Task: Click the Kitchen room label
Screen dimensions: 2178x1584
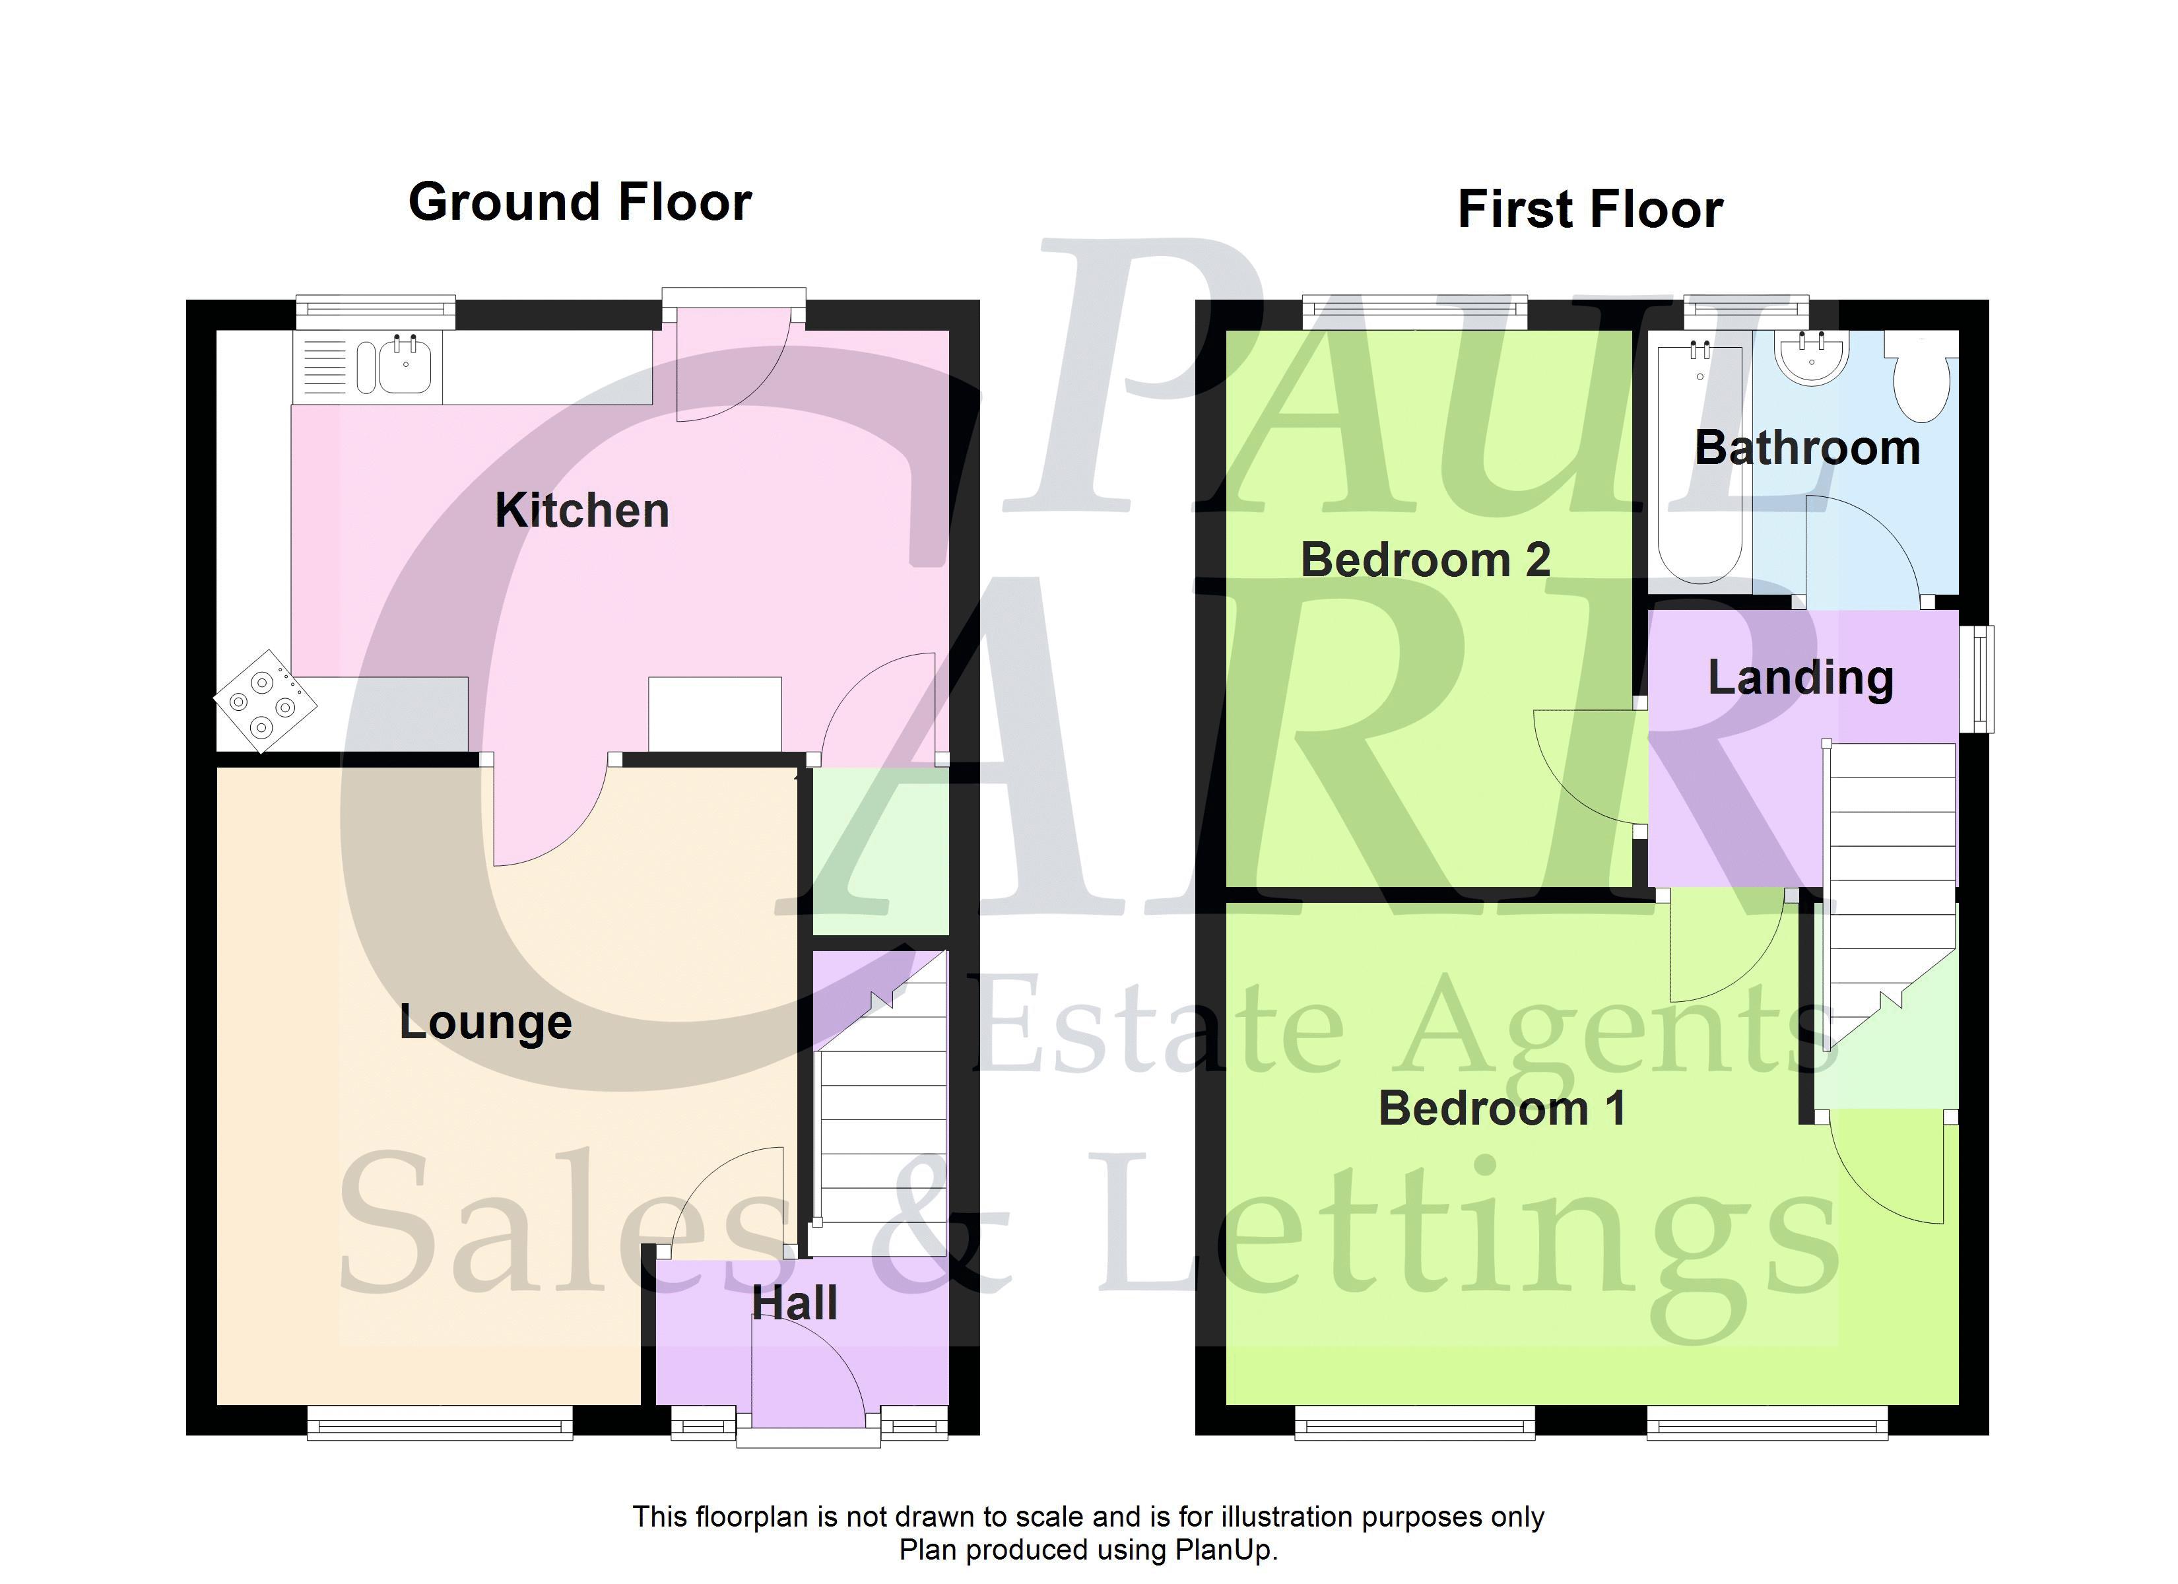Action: (x=582, y=510)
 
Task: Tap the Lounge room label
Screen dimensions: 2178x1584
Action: (x=486, y=1023)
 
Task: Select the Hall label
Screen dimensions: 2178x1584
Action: (x=794, y=1303)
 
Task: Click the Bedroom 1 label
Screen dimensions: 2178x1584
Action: (x=1502, y=1107)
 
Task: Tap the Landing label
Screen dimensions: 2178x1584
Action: (x=1800, y=678)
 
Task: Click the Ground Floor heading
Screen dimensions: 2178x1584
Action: (x=580, y=202)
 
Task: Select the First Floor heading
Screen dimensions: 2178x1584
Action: (x=1591, y=209)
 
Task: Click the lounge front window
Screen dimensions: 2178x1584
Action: (x=440, y=1422)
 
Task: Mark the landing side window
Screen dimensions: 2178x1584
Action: (x=1976, y=679)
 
